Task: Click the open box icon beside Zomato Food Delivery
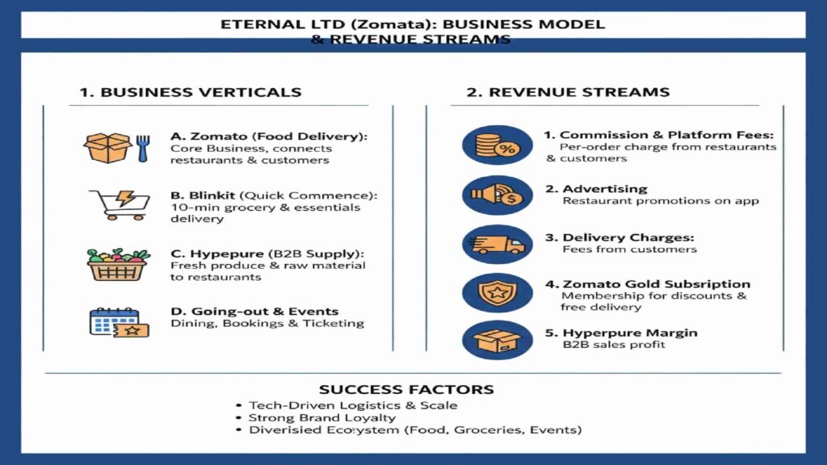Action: tap(107, 148)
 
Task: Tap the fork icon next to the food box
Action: tap(143, 148)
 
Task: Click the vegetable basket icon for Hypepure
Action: tap(118, 264)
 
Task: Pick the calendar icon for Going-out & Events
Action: tap(113, 321)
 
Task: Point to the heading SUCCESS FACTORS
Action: tap(406, 390)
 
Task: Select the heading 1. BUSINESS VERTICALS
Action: tap(190, 92)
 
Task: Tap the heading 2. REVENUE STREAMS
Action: tap(568, 92)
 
